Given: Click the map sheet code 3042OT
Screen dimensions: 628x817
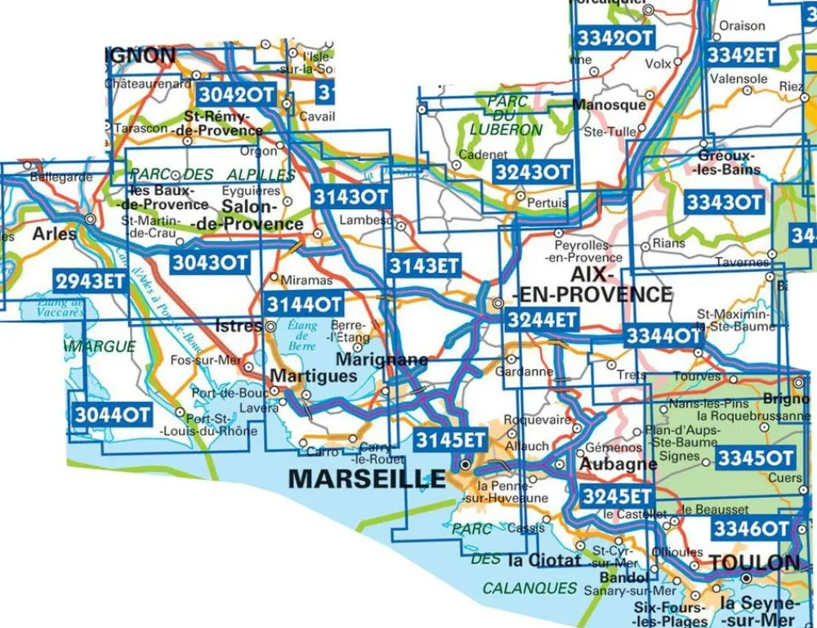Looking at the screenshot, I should coord(234,95).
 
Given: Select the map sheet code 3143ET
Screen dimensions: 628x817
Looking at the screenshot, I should coord(424,265).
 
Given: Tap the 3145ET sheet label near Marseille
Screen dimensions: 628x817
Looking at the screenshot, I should coord(451,439).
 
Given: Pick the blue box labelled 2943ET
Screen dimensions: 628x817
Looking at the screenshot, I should coord(91,282).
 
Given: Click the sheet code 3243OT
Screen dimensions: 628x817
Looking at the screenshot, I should coord(533,171).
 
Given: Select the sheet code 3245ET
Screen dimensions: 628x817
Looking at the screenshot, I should coord(618,496).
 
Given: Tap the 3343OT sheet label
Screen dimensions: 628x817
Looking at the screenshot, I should coord(724,202).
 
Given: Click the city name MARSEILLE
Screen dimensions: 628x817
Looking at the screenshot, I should coord(367,479).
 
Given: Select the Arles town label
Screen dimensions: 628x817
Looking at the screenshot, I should coord(54,234).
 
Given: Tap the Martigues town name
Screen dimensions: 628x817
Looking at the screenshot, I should coord(313,376).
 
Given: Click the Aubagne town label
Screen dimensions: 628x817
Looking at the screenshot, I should coord(618,463).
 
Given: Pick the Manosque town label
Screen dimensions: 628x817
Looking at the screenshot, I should coord(609,105).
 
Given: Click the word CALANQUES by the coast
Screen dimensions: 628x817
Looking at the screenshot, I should coord(529,588).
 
